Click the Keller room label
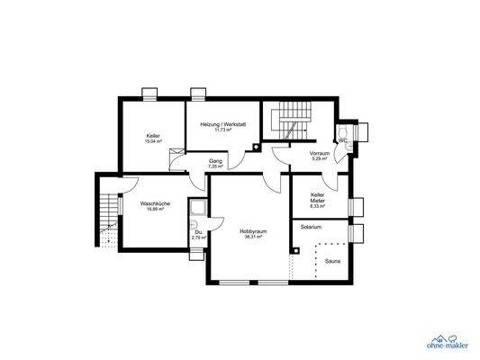tap(153, 136)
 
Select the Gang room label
tap(215, 161)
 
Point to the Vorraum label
tap(320, 154)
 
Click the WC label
tap(343, 140)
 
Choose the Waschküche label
tap(155, 203)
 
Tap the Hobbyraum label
tap(250, 231)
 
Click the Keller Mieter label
tap(317, 198)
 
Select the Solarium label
tap(311, 227)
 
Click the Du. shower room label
tap(198, 233)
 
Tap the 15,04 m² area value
tap(153, 141)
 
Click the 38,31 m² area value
tap(250, 237)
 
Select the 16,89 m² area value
tap(155, 209)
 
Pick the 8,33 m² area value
tap(317, 206)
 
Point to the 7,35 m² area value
tap(215, 166)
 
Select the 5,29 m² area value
tap(320, 159)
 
